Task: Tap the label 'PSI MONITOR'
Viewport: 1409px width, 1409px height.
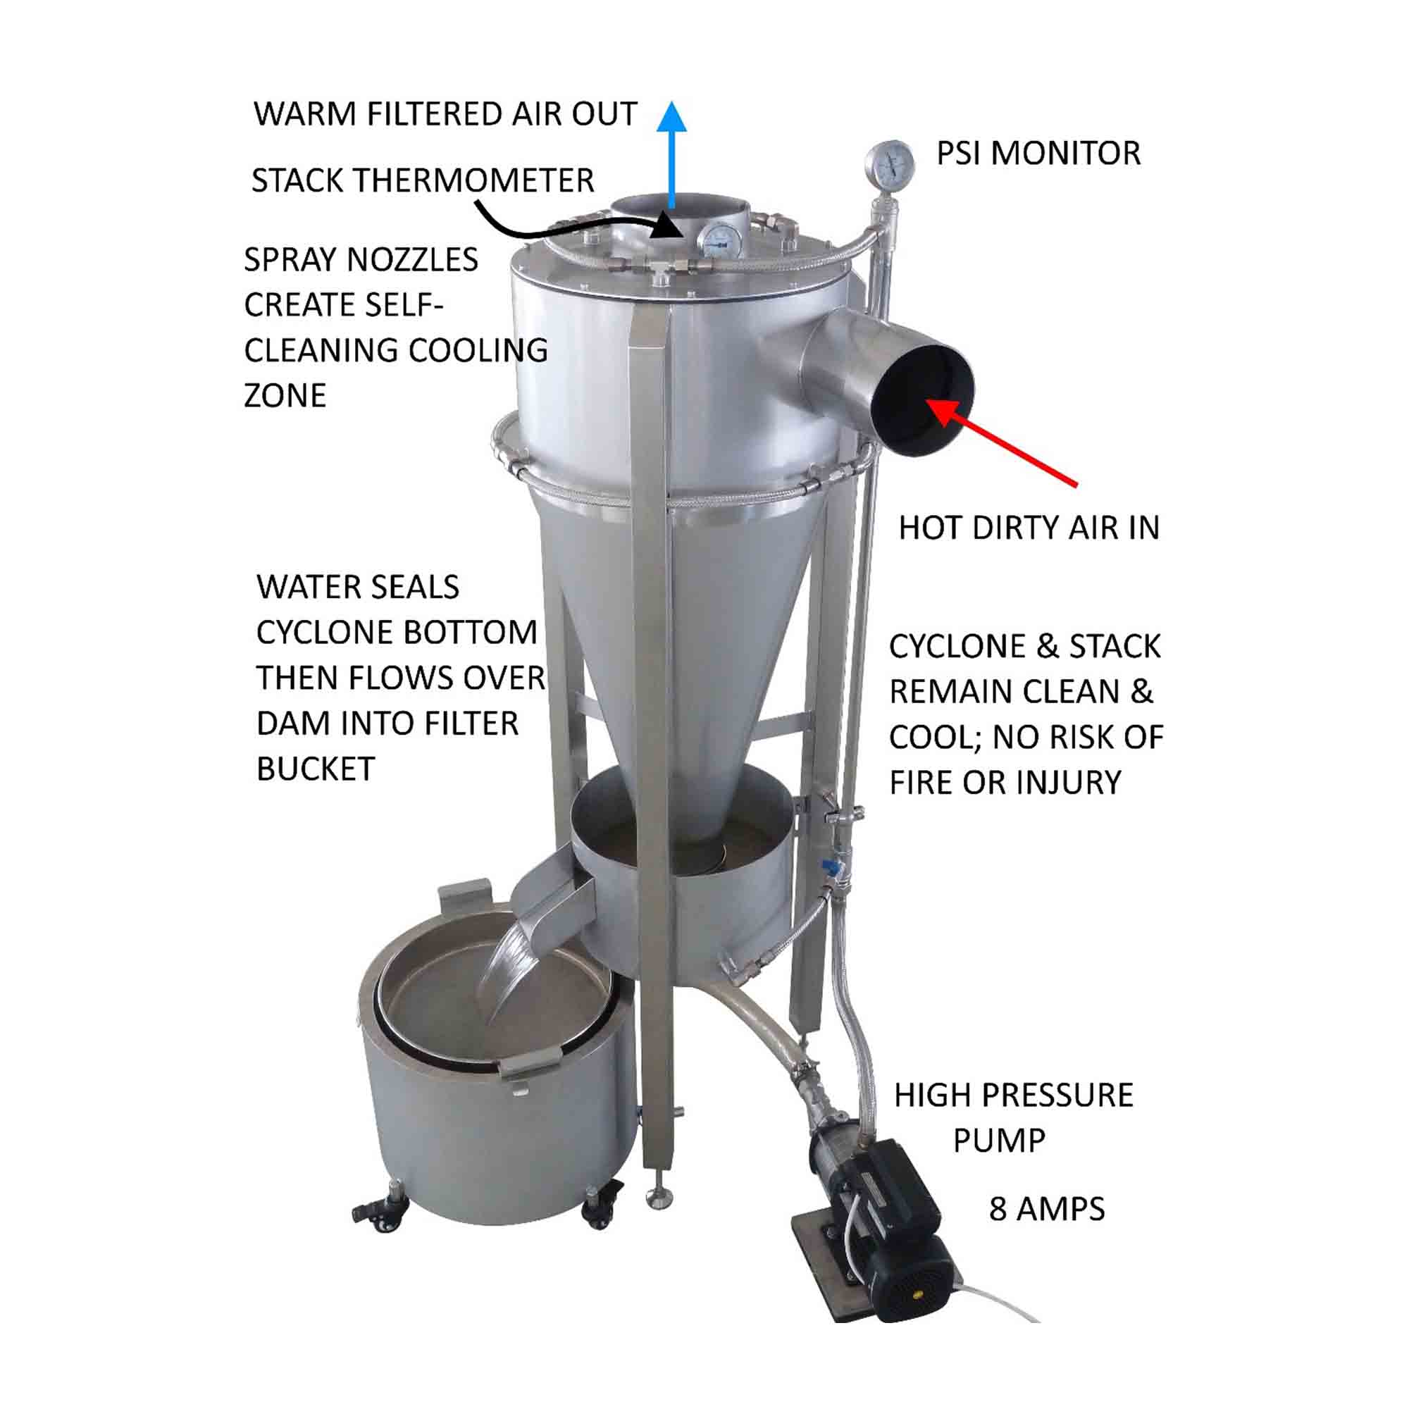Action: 1038,153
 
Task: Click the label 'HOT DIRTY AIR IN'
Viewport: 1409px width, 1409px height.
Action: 1029,528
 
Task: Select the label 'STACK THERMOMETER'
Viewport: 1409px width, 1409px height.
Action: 423,180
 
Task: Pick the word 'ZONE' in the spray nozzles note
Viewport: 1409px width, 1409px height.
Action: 285,395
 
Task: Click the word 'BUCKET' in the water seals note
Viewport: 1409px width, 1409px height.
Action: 316,769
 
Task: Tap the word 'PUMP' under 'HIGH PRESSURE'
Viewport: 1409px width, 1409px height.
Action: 999,1141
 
